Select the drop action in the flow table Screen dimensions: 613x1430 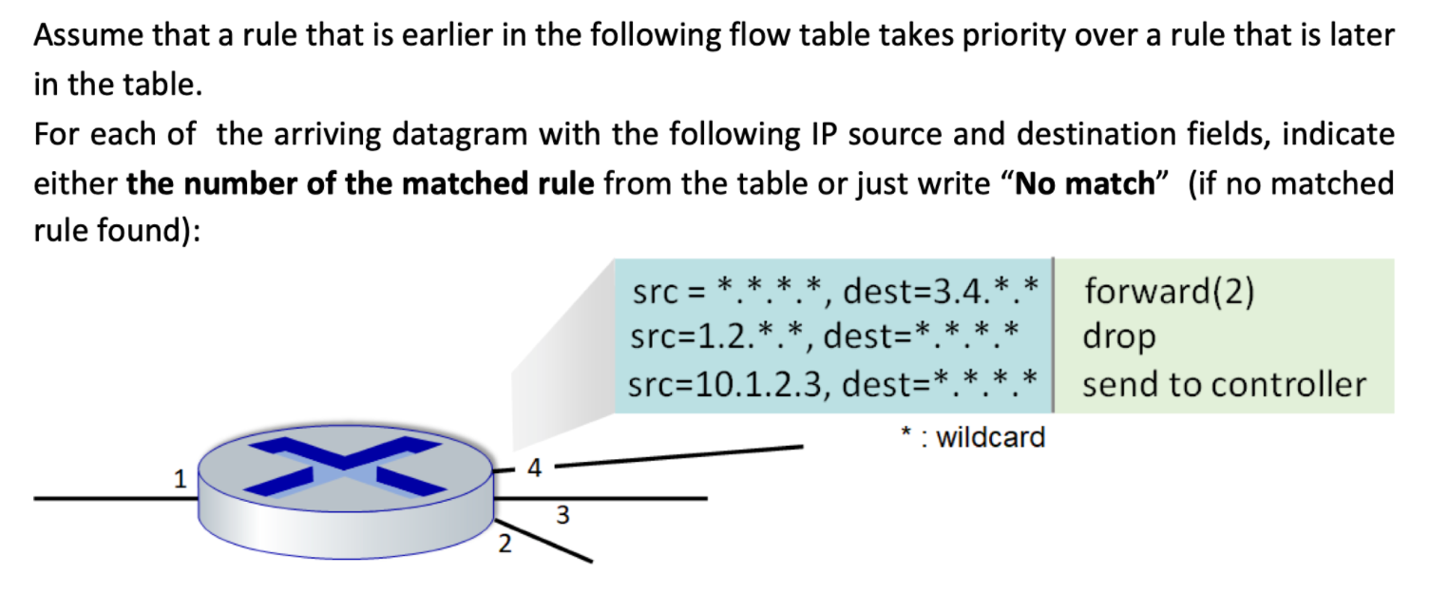(x=1119, y=337)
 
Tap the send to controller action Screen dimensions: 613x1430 (x=1224, y=385)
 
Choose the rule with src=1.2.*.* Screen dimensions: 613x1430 (x=825, y=337)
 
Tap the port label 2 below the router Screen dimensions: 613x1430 (x=505, y=545)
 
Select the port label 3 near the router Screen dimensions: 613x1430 (x=562, y=516)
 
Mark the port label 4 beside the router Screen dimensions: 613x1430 (x=535, y=468)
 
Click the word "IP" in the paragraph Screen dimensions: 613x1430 (x=822, y=133)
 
